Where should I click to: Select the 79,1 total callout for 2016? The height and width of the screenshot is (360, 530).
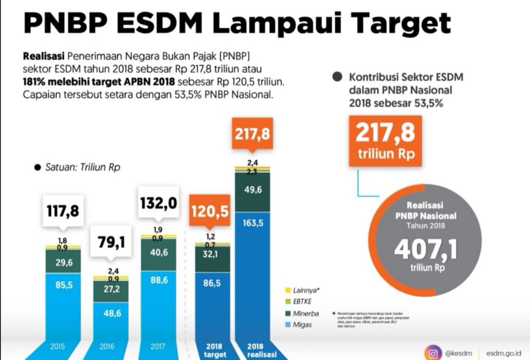tap(111, 242)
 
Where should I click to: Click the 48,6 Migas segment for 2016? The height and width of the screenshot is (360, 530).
tap(111, 313)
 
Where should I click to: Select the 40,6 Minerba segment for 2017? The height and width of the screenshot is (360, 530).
tap(159, 253)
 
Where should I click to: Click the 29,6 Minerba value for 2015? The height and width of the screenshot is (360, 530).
tap(64, 263)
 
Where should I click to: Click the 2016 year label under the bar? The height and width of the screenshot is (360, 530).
tap(107, 347)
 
